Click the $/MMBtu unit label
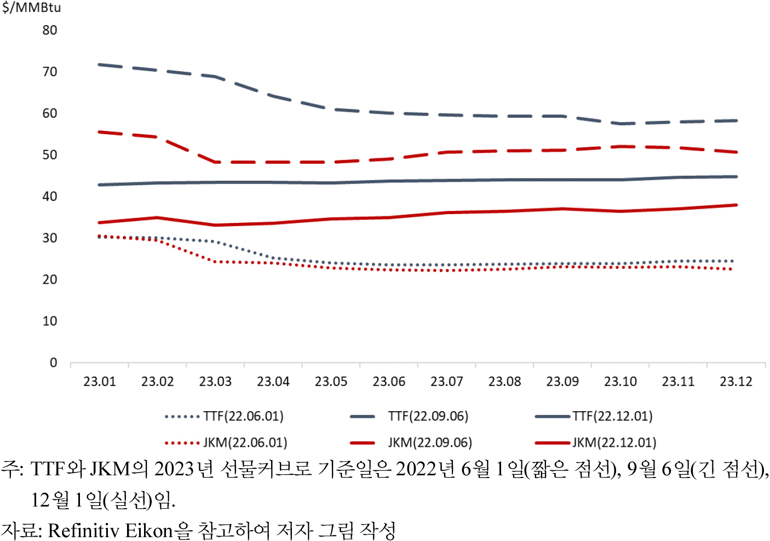coord(31,8)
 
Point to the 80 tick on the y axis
coord(50,30)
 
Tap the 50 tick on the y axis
coord(50,155)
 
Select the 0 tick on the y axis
coord(53,362)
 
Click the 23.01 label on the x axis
coord(100,382)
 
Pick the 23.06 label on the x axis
coord(389,382)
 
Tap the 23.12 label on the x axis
coord(735,382)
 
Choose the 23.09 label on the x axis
coord(562,382)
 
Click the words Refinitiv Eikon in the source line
coord(110,531)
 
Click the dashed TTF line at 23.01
coord(100,65)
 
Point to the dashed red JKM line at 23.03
coord(215,162)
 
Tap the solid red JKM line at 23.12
coord(735,205)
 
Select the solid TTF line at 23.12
coord(735,177)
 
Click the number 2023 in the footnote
coord(175,469)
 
